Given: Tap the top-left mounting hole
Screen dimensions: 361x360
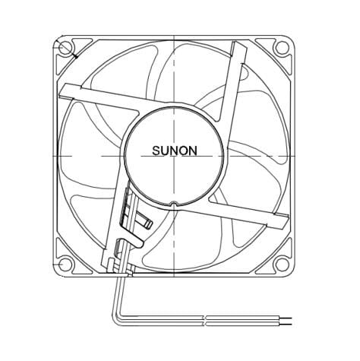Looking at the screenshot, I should click(x=66, y=49).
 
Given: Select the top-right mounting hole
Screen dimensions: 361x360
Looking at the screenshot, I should click(x=282, y=49).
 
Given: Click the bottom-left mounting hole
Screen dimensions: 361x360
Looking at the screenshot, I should click(x=66, y=264).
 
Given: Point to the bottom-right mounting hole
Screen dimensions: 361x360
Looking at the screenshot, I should click(x=282, y=264).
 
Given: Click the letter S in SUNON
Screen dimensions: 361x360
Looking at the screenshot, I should click(x=154, y=151).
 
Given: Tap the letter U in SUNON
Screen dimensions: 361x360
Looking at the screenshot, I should click(x=164, y=151).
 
